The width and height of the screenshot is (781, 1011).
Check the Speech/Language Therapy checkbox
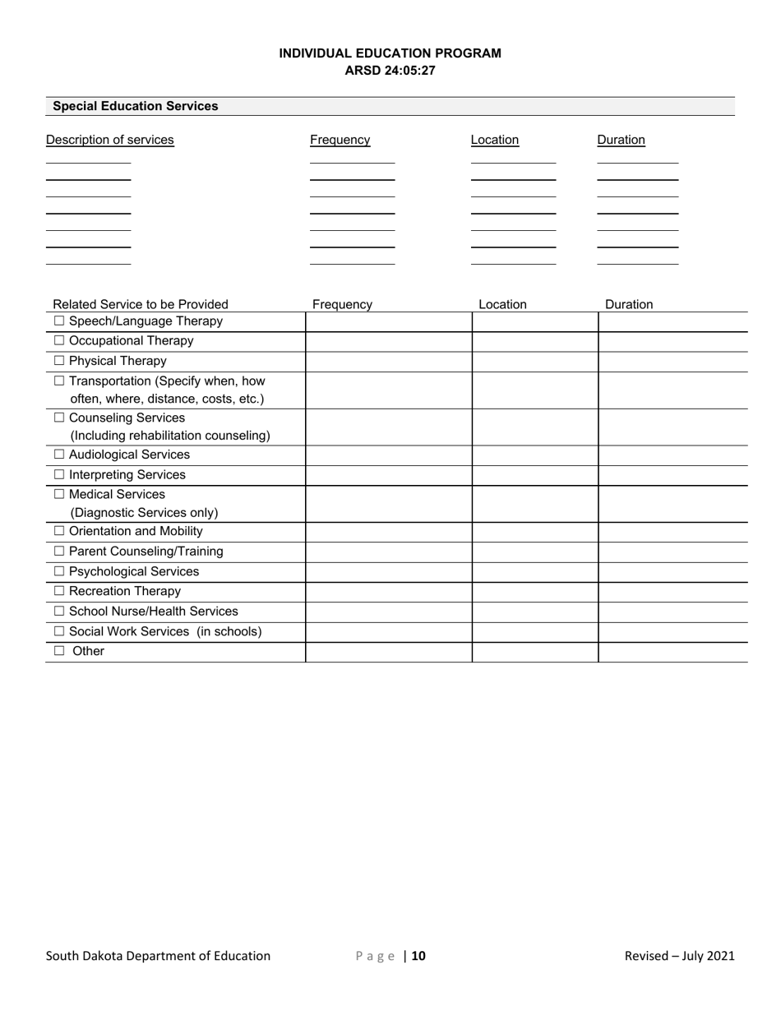[59, 321]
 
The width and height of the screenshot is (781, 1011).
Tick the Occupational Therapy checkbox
[59, 341]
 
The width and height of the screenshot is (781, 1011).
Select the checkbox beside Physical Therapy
[59, 361]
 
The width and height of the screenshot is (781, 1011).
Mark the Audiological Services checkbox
[59, 455]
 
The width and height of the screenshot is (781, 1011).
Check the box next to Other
[59, 651]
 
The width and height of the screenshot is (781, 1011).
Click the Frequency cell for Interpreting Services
[388, 475]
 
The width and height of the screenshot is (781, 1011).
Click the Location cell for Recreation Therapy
[534, 592]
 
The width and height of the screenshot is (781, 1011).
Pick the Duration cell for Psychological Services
[672, 572]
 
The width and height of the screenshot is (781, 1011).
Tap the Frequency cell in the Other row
[388, 652]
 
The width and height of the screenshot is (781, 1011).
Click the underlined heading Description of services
[110, 140]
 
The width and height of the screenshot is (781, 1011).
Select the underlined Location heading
[495, 140]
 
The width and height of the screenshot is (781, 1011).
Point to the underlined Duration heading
[621, 140]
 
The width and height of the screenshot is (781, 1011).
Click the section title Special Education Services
[136, 106]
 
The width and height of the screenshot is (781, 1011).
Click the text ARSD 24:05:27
[390, 71]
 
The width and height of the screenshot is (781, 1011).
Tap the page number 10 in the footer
[418, 955]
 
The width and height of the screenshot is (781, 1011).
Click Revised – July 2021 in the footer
[679, 955]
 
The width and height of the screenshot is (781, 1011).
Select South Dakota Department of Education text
[158, 955]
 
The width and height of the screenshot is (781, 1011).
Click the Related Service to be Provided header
[141, 304]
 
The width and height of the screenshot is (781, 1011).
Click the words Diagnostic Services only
[144, 513]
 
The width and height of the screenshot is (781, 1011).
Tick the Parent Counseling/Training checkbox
[59, 552]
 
